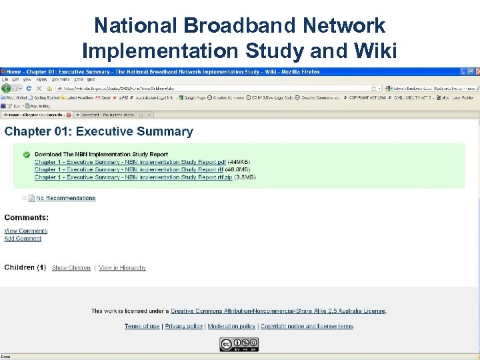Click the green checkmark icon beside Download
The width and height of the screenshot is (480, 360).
(x=27, y=155)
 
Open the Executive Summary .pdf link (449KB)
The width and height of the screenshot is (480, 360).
(x=130, y=162)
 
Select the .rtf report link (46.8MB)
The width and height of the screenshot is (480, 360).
(x=130, y=169)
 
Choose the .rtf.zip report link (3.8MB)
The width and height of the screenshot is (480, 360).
(x=133, y=177)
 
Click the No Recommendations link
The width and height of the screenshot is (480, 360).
(x=66, y=198)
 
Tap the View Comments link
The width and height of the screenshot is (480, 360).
(x=26, y=231)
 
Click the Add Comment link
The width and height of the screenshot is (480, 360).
(x=23, y=238)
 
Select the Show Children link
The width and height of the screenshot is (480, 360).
(x=71, y=268)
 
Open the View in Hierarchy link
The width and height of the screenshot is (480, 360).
(x=123, y=268)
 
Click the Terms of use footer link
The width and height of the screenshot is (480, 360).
(x=142, y=326)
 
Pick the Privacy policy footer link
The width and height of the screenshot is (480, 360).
(x=183, y=326)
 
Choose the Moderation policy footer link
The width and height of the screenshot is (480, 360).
(x=231, y=326)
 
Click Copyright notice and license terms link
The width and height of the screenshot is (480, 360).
(x=307, y=326)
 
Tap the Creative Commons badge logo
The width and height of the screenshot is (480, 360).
(x=239, y=344)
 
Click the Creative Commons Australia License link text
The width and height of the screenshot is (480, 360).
(x=278, y=311)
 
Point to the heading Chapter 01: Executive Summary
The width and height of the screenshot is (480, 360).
(x=99, y=131)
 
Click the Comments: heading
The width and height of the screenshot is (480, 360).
(x=27, y=217)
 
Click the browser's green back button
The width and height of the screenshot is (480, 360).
(x=7, y=88)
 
